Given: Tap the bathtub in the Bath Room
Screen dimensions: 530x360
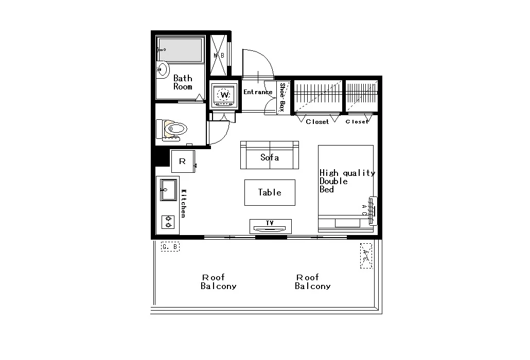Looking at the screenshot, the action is click(x=181, y=49).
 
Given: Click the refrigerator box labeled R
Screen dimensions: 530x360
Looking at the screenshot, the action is click(x=183, y=161).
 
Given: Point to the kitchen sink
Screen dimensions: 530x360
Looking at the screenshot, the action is click(x=168, y=190).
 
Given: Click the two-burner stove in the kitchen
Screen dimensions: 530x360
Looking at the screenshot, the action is click(x=168, y=222).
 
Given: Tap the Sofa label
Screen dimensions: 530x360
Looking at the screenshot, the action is click(x=270, y=157).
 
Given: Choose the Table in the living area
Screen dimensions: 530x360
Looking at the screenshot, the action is click(x=270, y=192).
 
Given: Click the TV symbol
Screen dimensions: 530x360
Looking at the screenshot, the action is click(x=271, y=226).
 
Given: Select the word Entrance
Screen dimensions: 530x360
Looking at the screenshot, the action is click(x=258, y=92).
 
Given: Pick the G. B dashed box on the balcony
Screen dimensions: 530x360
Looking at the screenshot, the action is click(x=170, y=247).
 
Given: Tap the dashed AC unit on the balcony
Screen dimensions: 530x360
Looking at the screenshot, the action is click(x=366, y=256).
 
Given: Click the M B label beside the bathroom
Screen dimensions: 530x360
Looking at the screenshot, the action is click(x=219, y=55).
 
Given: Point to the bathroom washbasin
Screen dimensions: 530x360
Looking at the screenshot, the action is click(x=163, y=70).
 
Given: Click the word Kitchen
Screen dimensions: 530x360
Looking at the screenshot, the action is click(x=184, y=203).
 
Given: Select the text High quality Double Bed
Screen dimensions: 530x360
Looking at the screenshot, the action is click(x=347, y=181).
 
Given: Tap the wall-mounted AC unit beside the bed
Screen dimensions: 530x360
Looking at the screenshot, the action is click(x=373, y=211).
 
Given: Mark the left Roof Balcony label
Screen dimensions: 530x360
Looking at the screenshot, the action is click(x=218, y=282).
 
